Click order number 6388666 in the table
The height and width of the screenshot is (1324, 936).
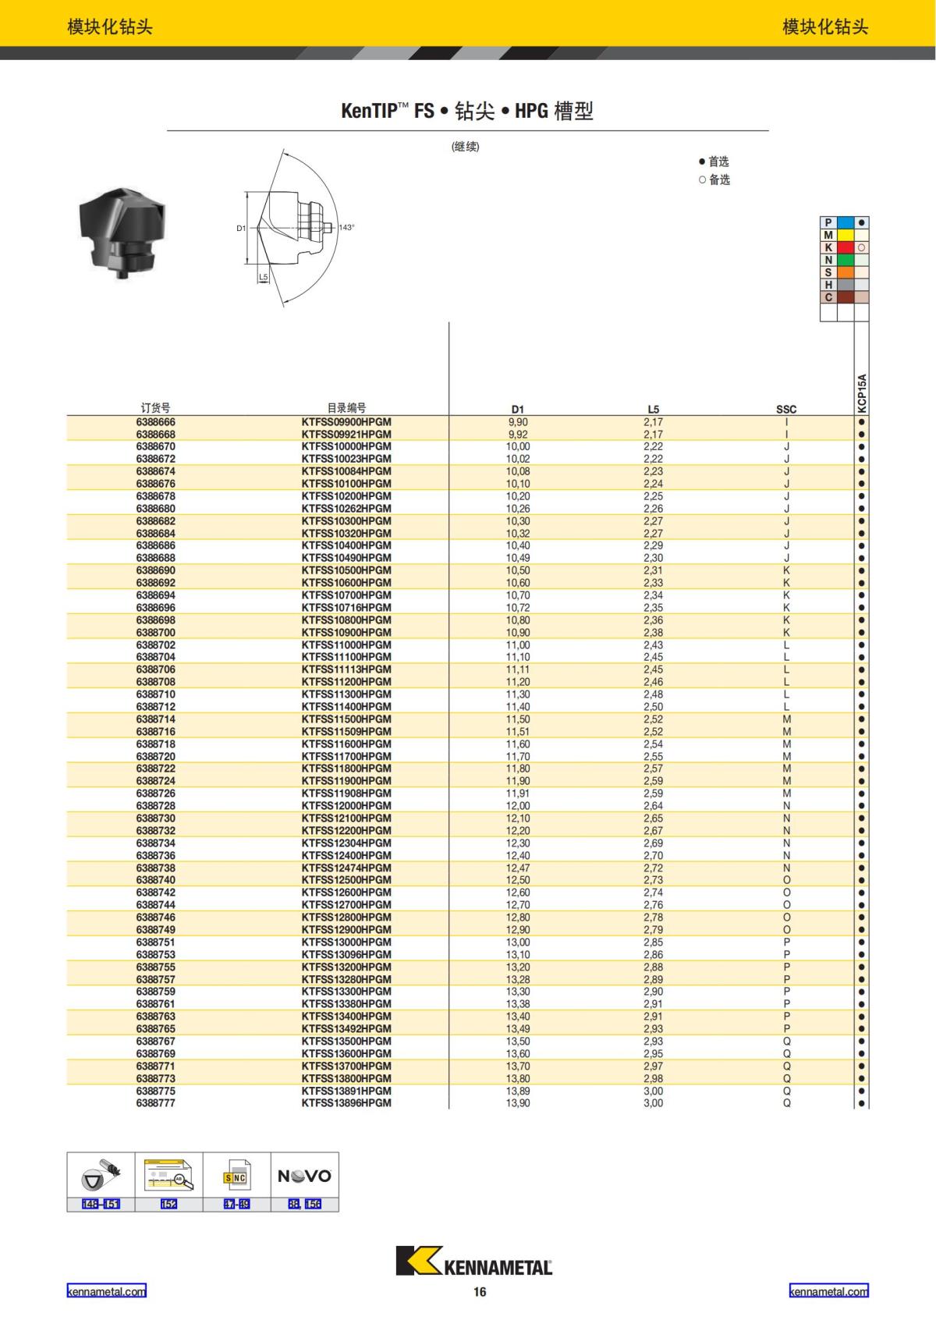155,422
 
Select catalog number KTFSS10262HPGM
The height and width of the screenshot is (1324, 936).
346,509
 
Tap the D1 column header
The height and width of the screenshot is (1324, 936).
518,409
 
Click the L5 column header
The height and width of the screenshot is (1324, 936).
653,409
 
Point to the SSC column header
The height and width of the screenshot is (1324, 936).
786,409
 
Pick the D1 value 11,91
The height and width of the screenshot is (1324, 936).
518,793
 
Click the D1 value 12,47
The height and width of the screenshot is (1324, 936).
518,868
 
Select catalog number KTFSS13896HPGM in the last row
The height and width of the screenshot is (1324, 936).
346,1103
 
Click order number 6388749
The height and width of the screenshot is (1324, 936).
155,930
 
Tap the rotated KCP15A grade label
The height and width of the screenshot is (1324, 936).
862,393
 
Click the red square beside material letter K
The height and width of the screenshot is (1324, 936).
845,247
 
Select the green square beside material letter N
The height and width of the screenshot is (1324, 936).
845,260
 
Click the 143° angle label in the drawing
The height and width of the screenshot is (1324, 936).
346,228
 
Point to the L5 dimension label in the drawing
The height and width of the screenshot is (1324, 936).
263,277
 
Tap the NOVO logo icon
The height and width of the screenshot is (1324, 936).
304,1176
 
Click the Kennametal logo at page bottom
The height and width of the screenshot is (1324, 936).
473,1262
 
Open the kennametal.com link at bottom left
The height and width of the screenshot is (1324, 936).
106,1291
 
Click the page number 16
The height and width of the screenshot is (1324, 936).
480,1292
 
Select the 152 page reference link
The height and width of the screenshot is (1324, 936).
168,1204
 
